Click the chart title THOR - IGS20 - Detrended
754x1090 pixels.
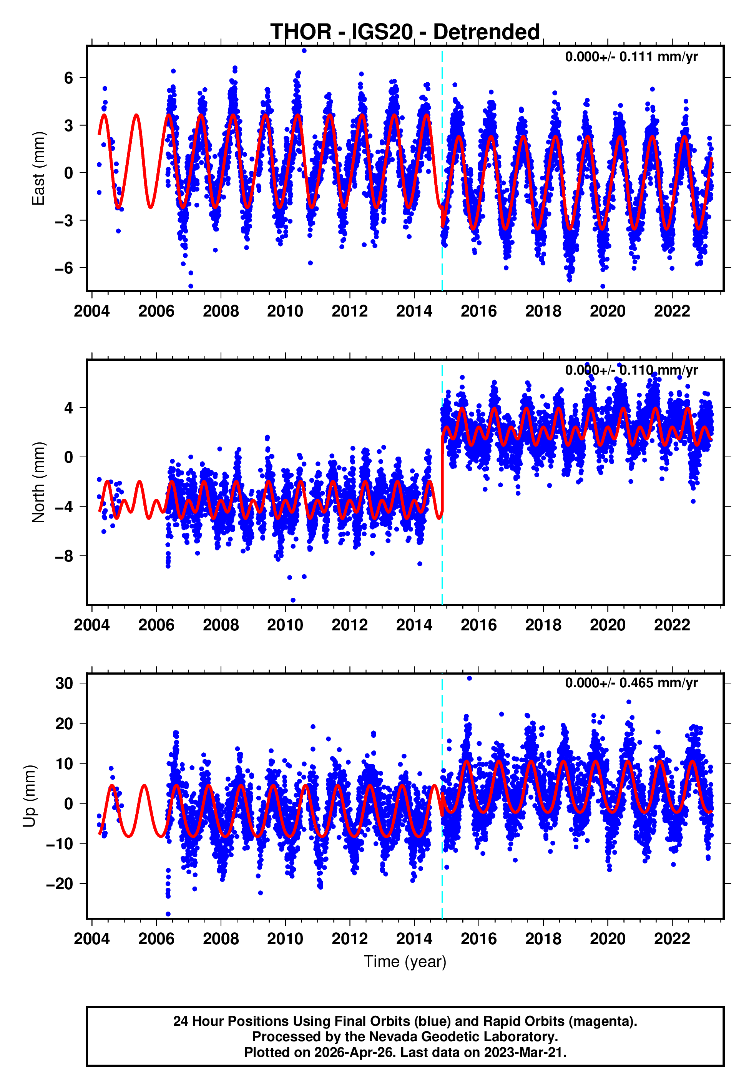click(405, 32)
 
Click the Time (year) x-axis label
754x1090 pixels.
click(405, 962)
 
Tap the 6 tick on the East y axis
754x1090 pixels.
click(69, 78)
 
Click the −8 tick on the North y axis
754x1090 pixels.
click(64, 556)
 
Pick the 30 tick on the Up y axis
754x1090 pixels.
click(64, 683)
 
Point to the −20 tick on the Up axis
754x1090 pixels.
click(60, 883)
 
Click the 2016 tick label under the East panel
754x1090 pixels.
click(478, 311)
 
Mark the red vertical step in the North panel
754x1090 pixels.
click(442, 473)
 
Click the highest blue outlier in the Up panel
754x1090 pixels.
click(469, 678)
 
